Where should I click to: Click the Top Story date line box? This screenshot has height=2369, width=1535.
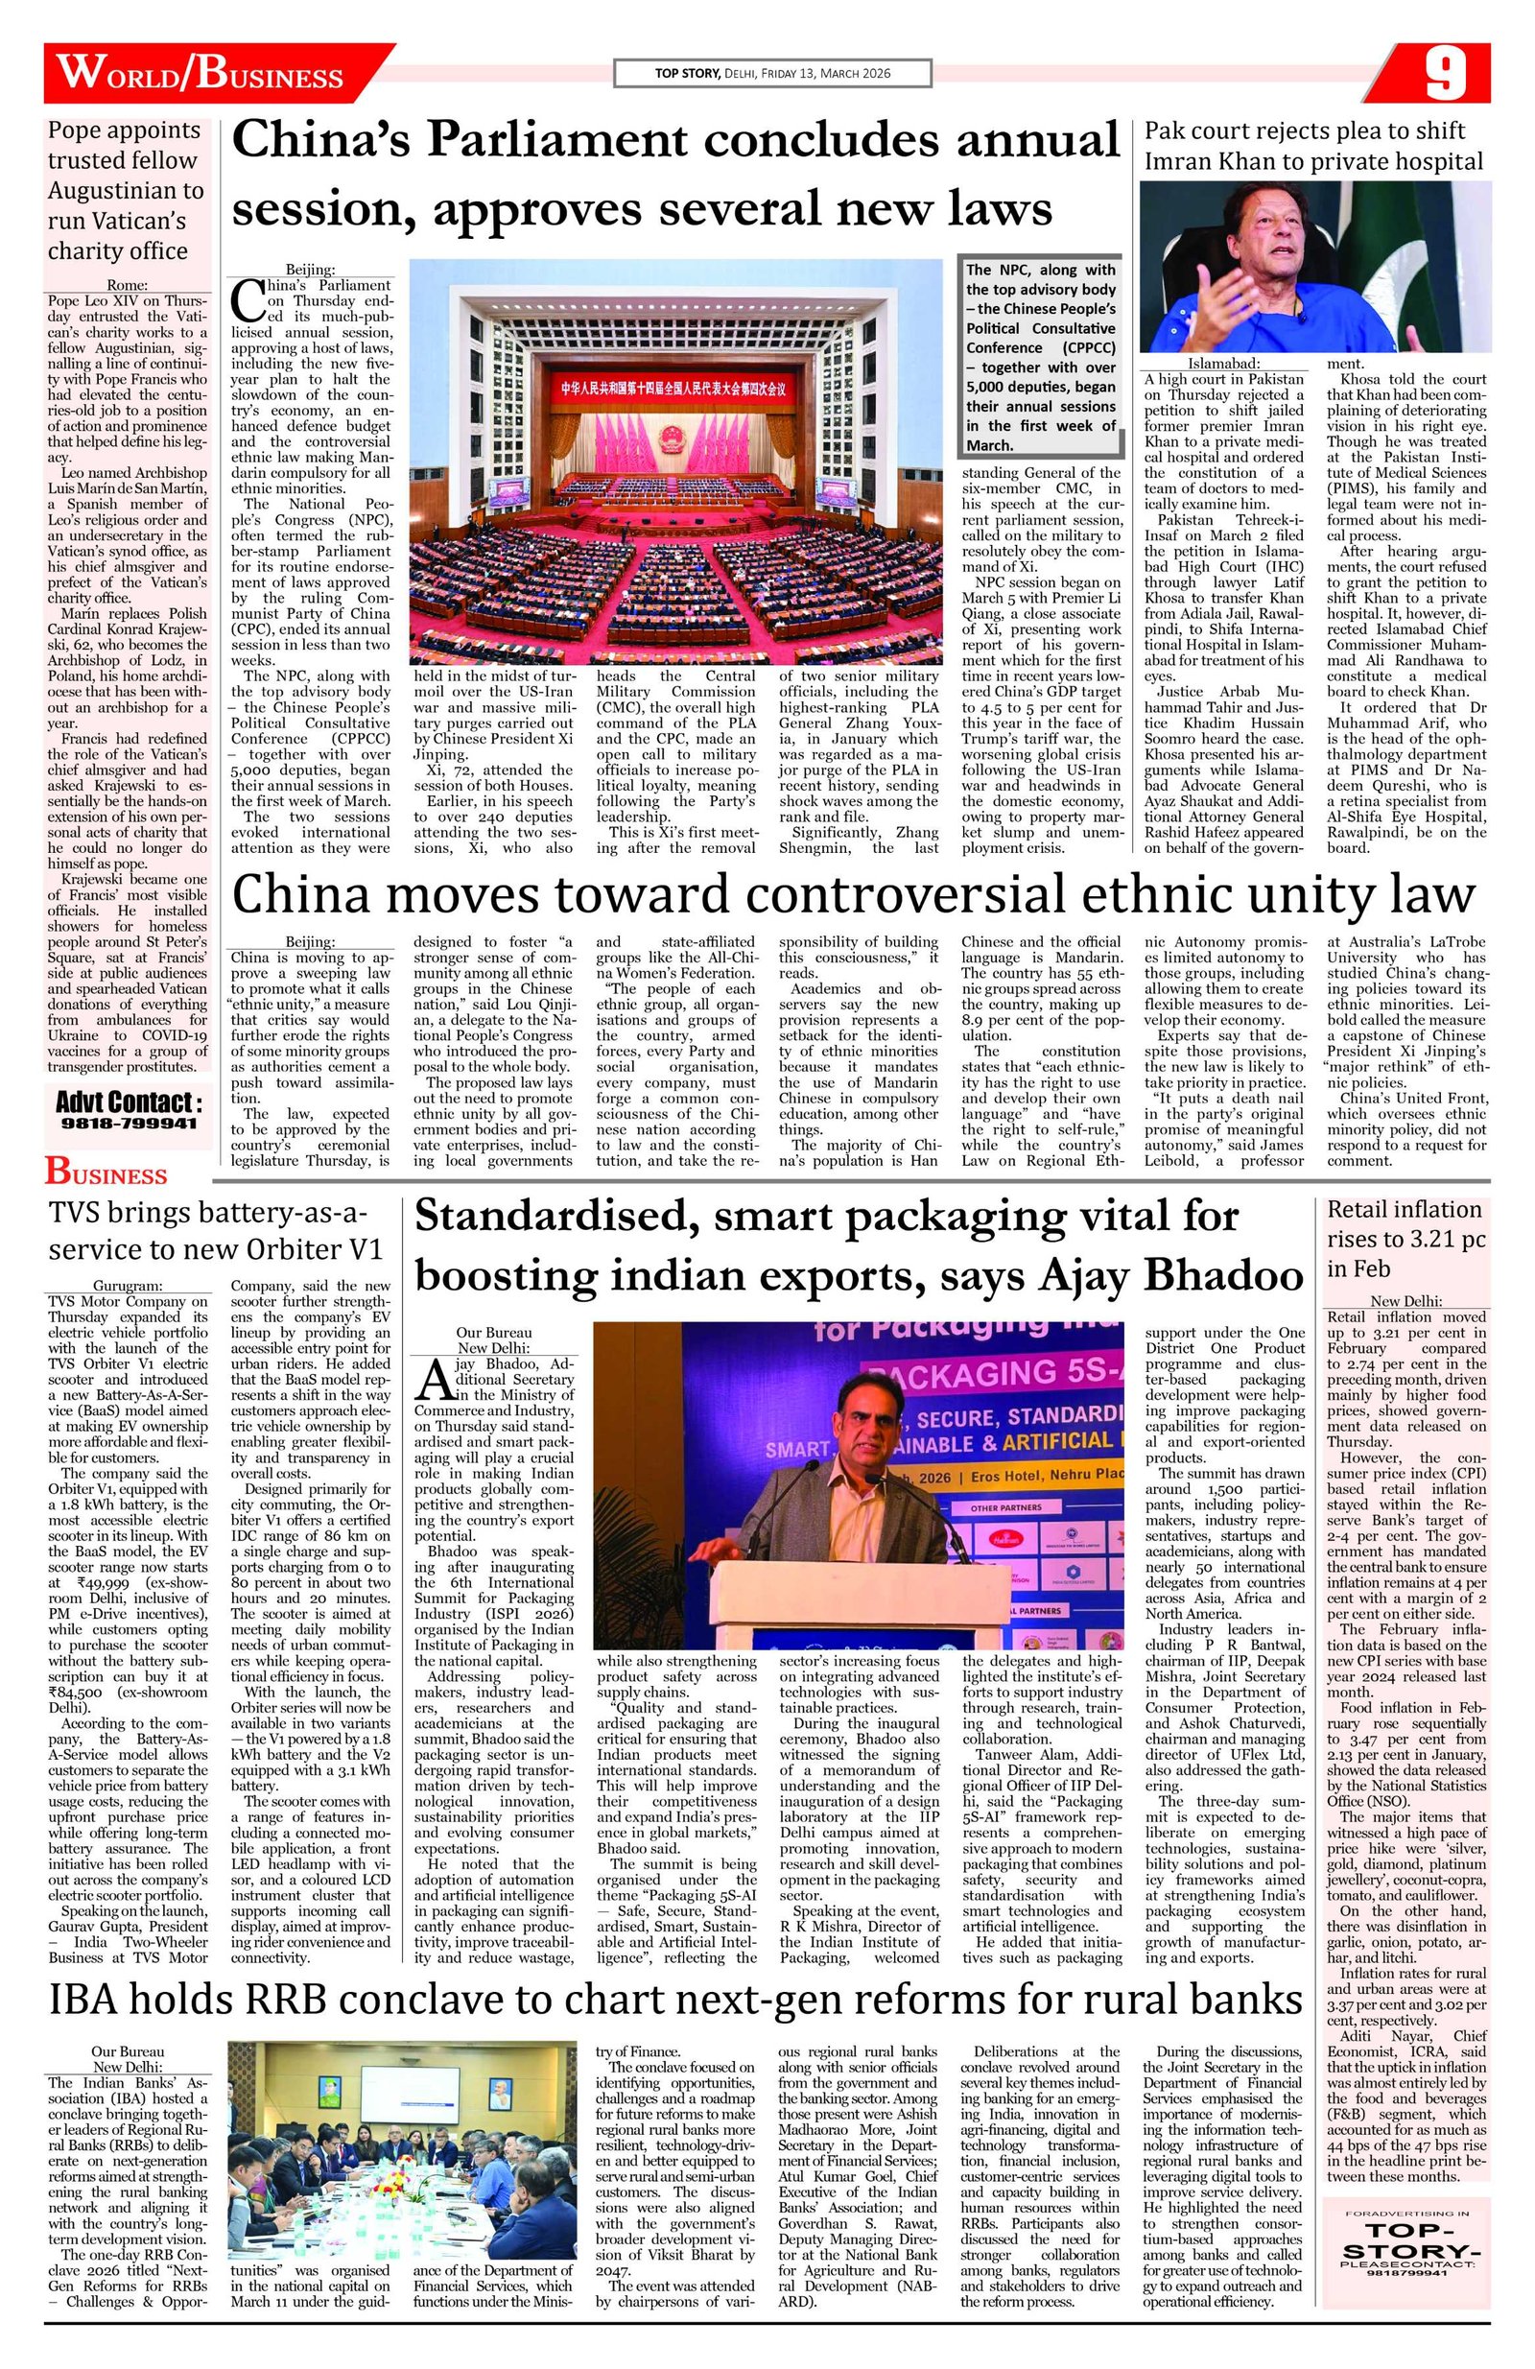[771, 74]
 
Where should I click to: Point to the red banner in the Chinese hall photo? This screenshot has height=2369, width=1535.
[676, 385]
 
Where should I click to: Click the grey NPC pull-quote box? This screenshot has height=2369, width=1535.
[1040, 356]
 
